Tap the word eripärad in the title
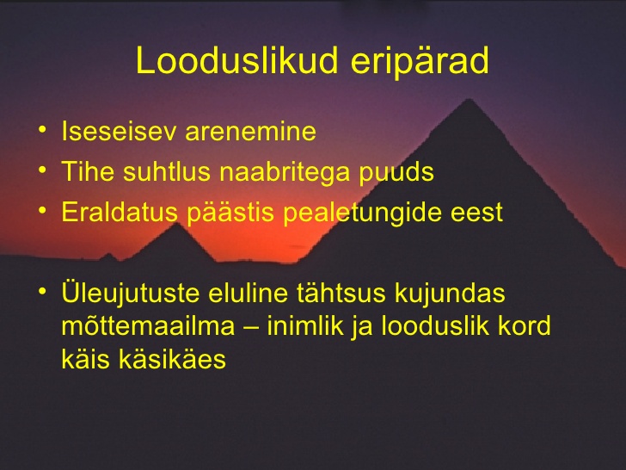coord(420,62)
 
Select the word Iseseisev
coord(119,131)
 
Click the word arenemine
coord(251,133)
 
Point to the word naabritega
coord(285,173)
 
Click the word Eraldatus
coord(120,212)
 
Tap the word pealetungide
coord(362,213)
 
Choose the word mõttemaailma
coord(148,325)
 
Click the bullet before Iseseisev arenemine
coord(42,130)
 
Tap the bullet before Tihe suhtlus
coord(42,170)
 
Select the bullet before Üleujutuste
coord(42,291)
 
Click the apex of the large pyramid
coord(470,99)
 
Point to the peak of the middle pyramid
coord(176,223)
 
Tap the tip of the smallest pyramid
coord(107,253)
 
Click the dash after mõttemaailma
coord(251,327)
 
